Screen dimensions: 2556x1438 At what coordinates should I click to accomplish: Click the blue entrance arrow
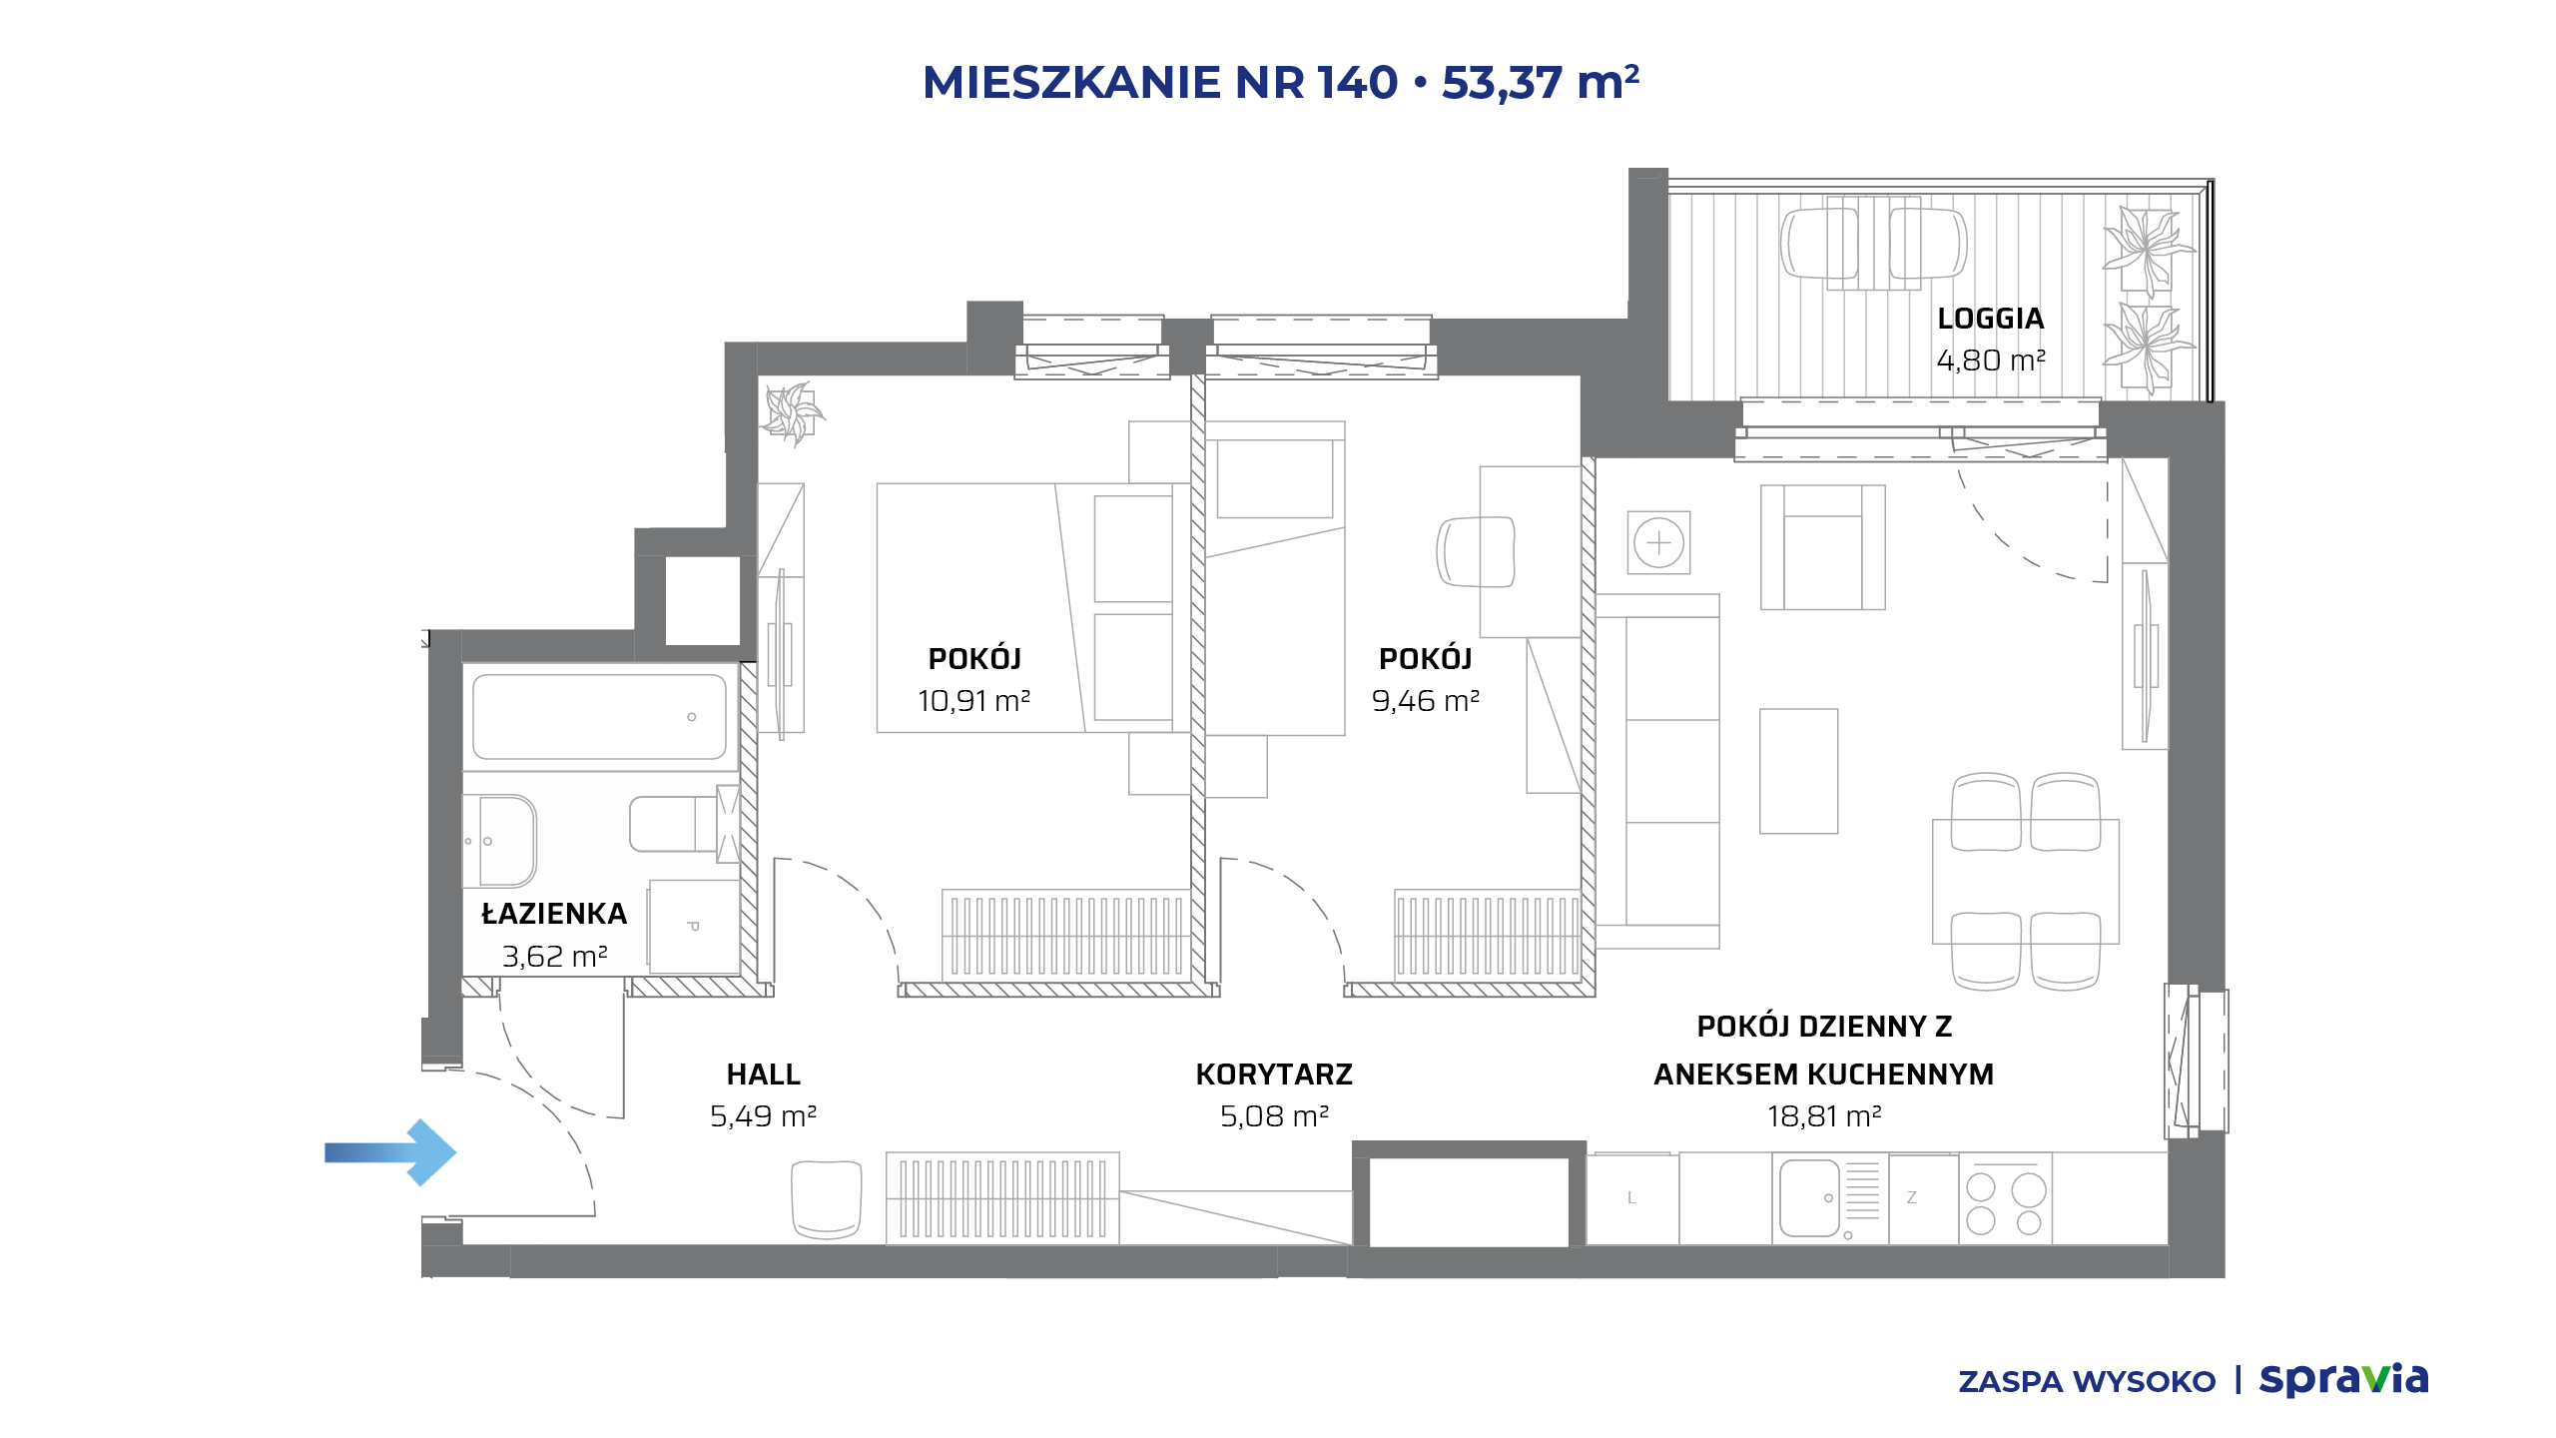(x=390, y=1152)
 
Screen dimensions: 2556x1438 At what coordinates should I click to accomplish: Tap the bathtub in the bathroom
(x=599, y=716)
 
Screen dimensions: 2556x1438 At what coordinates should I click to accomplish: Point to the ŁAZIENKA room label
(x=554, y=914)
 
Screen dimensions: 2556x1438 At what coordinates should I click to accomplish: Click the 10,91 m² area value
(x=974, y=701)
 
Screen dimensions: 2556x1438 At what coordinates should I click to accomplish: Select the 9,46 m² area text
(x=1426, y=701)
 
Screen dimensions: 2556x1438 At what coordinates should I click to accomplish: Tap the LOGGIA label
(x=1991, y=319)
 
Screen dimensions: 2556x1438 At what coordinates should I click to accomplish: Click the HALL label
(x=764, y=1075)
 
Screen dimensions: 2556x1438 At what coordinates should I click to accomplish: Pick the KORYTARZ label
(x=1274, y=1075)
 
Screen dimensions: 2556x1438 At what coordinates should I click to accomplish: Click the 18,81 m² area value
(x=1824, y=1116)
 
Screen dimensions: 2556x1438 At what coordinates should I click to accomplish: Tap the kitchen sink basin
(x=1809, y=1198)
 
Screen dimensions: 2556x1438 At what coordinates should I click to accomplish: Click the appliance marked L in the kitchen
(x=1632, y=1199)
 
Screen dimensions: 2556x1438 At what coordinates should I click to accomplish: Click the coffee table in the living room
(x=1798, y=771)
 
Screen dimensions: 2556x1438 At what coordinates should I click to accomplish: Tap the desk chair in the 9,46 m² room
(x=1476, y=551)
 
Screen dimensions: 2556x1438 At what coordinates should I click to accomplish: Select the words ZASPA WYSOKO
(x=2087, y=1382)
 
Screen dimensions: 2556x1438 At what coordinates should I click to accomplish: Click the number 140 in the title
(x=1357, y=82)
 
